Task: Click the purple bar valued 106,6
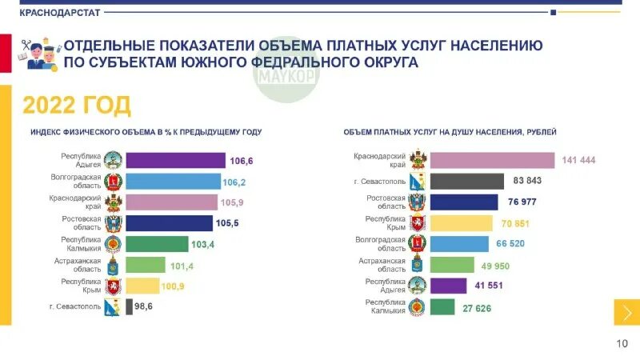(x=175, y=161)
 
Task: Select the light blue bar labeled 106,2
(x=173, y=182)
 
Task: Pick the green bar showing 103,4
(x=157, y=244)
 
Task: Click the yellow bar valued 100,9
(x=142, y=286)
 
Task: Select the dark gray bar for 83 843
(x=466, y=182)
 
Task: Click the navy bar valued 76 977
(x=464, y=202)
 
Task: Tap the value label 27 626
(x=477, y=308)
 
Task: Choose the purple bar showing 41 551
(x=448, y=286)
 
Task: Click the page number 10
(x=622, y=344)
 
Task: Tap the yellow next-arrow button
(x=626, y=312)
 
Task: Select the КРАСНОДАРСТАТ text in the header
(x=59, y=12)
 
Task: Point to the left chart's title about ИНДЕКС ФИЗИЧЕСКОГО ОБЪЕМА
(x=146, y=132)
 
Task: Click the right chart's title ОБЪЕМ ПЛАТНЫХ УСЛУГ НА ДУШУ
(x=450, y=132)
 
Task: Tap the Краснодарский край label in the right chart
(x=380, y=160)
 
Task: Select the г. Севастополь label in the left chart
(x=76, y=306)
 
